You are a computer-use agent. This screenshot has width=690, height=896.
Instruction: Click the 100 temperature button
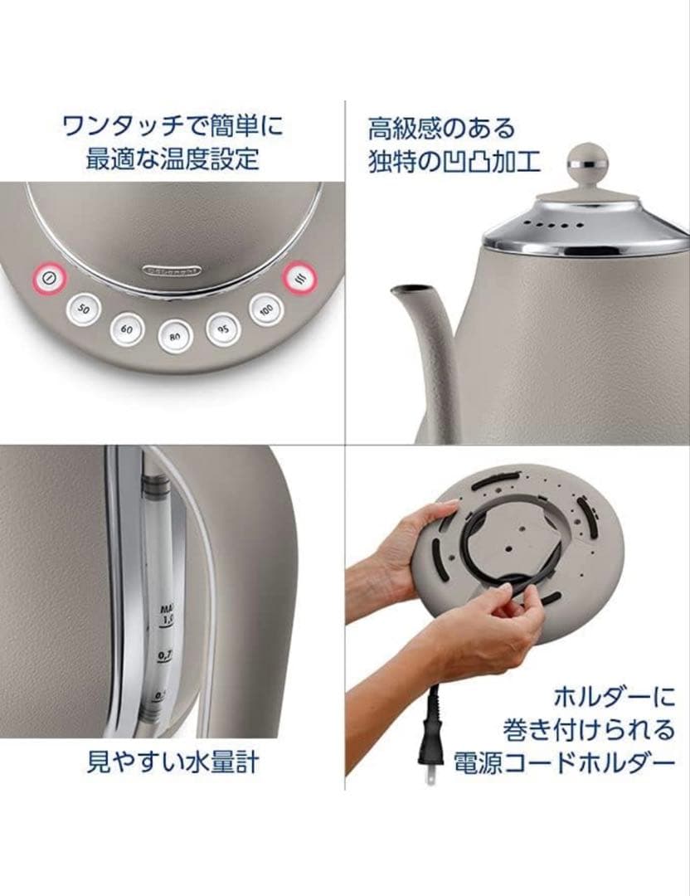(x=265, y=310)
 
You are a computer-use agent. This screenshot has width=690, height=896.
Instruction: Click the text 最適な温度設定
(x=172, y=158)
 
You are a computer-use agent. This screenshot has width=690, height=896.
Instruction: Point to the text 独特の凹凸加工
(x=454, y=160)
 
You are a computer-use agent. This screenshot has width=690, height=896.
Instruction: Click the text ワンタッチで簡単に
(x=172, y=127)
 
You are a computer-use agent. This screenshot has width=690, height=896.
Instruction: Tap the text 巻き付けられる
(x=589, y=730)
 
